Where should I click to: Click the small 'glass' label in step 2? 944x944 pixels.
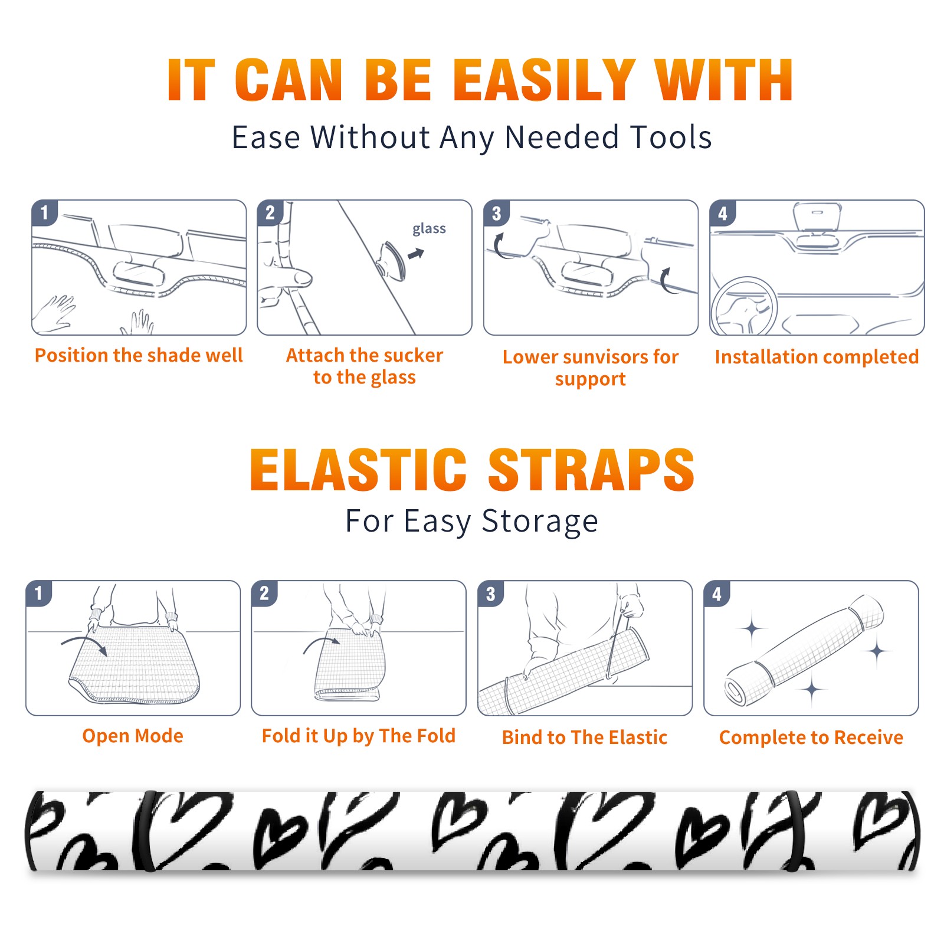pos(429,229)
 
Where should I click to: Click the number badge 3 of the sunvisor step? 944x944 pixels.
pos(496,213)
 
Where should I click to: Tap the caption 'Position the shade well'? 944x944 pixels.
pos(139,355)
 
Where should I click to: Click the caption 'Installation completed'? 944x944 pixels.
pos(817,357)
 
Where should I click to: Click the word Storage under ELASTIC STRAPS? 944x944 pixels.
pos(540,522)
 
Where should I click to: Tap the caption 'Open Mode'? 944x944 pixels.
pos(133,736)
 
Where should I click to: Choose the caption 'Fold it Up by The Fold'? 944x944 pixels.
pos(359,736)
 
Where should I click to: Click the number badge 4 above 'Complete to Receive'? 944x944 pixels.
pos(717,594)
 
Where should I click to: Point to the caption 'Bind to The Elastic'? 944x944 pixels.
pos(585,737)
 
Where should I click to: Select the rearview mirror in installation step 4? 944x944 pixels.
pos(817,218)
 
